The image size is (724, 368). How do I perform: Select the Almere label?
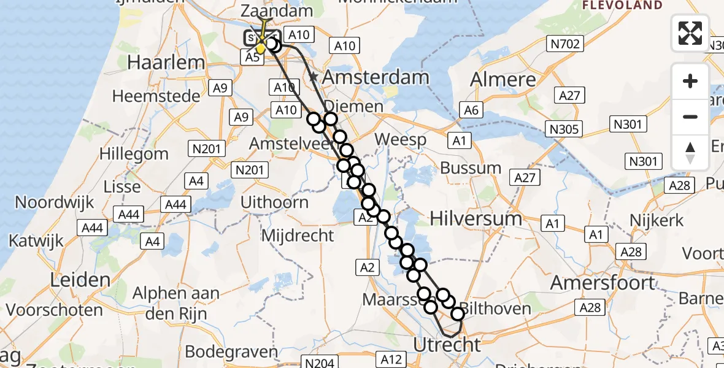[x=503, y=80]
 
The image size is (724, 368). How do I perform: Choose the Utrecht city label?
[x=447, y=345]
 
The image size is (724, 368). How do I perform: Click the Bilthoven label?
[x=495, y=308]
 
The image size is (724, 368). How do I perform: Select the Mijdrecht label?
[x=298, y=235]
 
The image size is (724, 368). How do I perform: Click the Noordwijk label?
[x=55, y=202]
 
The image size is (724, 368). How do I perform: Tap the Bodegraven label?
[x=232, y=352]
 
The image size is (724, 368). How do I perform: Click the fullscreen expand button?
[x=690, y=33]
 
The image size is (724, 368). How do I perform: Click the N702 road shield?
[x=564, y=43]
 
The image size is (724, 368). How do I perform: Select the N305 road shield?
[x=564, y=129]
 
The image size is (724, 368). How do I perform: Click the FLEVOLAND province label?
[x=622, y=6]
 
